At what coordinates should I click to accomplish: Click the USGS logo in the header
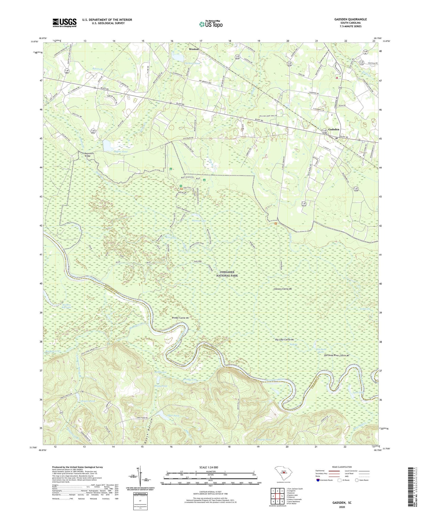[x=64, y=23]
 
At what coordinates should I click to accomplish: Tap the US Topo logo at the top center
[x=211, y=24]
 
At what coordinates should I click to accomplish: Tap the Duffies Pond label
[x=113, y=152]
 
